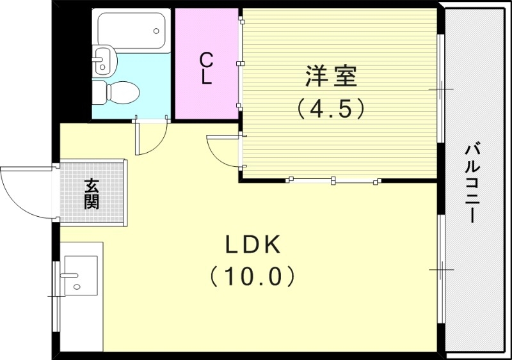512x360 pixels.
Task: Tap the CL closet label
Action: [205, 69]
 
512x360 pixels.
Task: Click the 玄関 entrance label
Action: [92, 193]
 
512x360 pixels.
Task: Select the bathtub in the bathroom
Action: [131, 29]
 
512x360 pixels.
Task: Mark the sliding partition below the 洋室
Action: [333, 180]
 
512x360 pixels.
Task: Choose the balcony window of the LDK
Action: [440, 269]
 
